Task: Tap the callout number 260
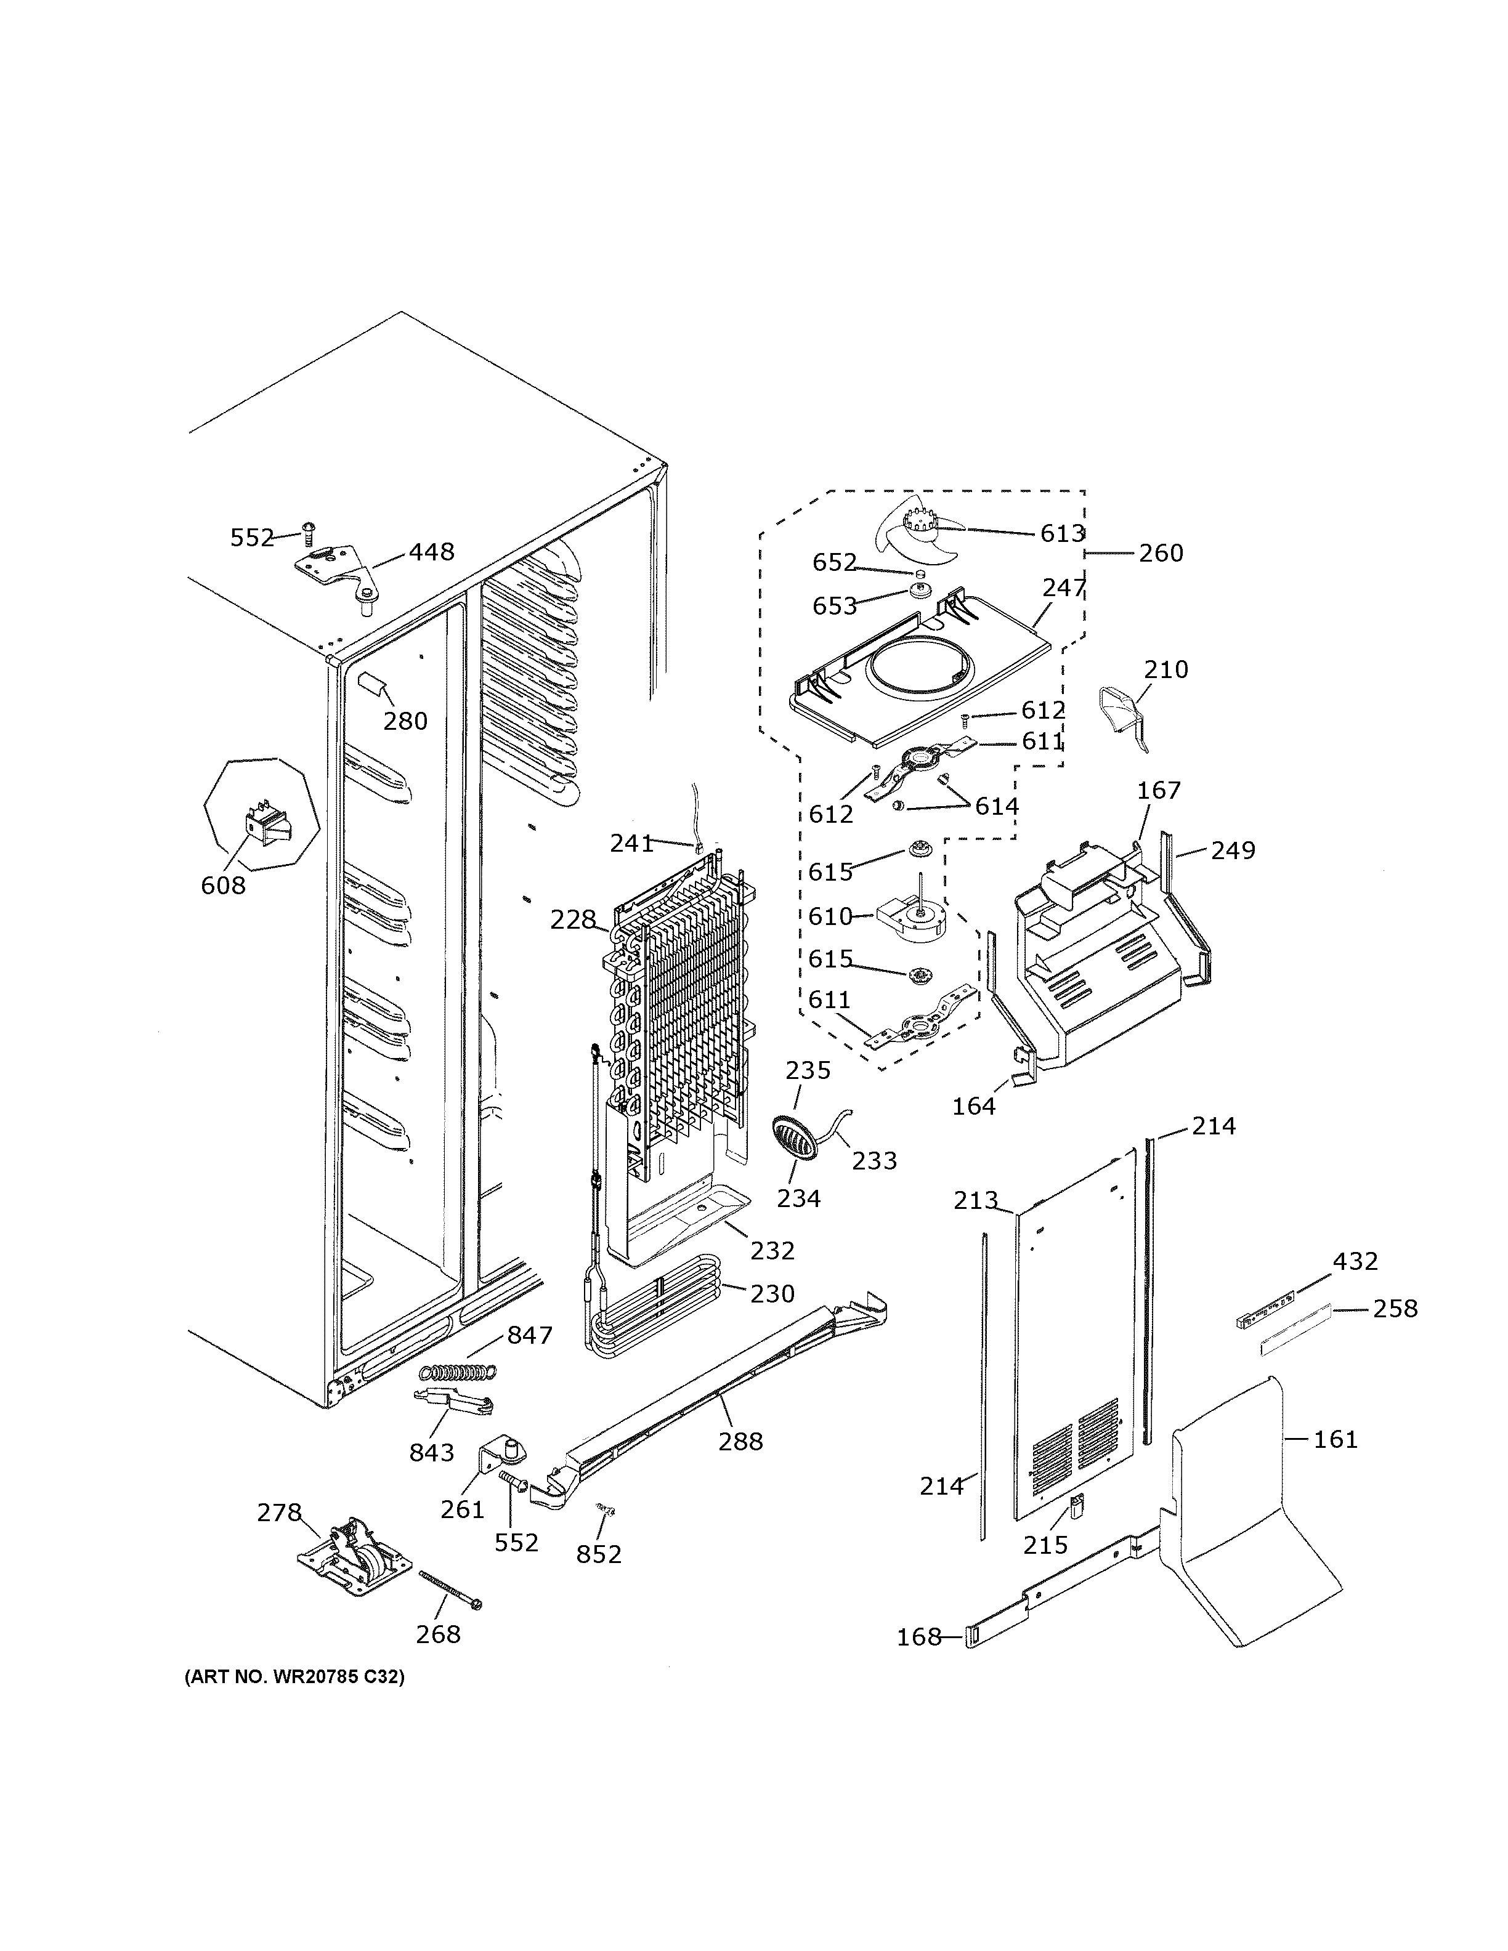[1161, 553]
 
